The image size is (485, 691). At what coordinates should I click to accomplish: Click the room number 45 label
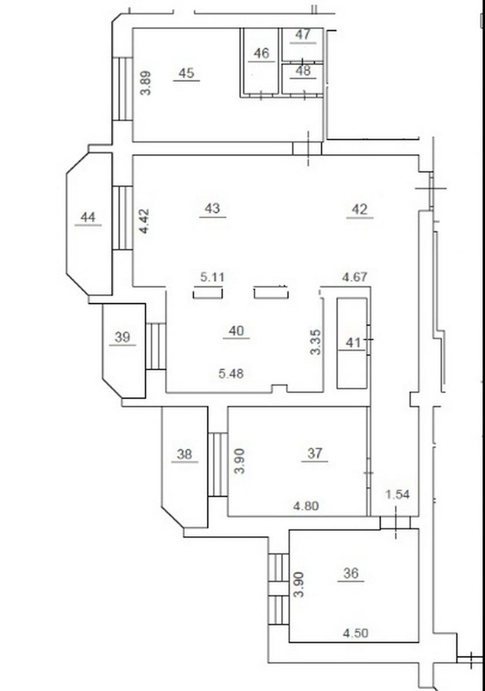point(187,74)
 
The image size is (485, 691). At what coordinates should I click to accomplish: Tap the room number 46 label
point(262,54)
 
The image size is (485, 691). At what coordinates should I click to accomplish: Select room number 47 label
point(303,35)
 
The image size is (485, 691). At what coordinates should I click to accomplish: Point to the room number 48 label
point(303,71)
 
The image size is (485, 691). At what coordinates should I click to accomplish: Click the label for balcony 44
point(88,218)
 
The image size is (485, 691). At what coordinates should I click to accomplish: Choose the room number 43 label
point(213,208)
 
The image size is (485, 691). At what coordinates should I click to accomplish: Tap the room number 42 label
point(360,210)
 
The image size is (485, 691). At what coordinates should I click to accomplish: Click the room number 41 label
point(353,343)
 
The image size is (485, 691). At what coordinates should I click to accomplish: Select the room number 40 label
point(236,331)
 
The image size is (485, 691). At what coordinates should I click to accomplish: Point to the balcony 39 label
point(122,337)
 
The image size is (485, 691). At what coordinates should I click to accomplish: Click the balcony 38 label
point(184,454)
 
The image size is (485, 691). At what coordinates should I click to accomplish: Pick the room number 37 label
point(315,454)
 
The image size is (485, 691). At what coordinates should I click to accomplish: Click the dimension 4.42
point(145,221)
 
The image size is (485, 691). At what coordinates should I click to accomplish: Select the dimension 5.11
point(213,277)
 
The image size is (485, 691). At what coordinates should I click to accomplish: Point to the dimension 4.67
point(355,277)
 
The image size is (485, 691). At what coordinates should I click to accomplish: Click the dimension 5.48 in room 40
point(231,374)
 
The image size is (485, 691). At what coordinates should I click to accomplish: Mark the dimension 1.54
point(398,495)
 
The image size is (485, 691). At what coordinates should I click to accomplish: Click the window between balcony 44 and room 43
point(123,218)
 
